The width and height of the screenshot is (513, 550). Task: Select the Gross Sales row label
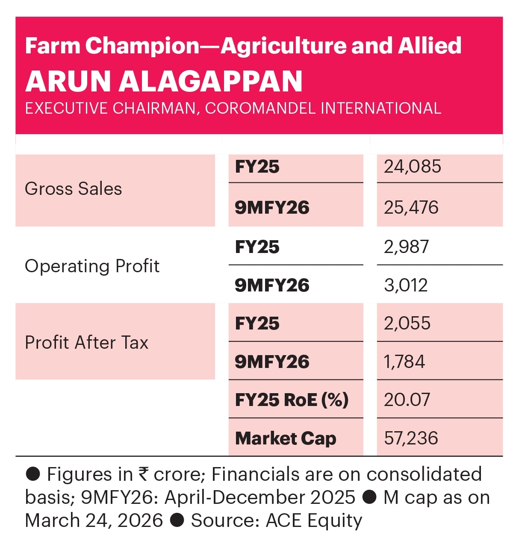click(x=73, y=189)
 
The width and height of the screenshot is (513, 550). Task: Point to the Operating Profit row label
click(x=92, y=266)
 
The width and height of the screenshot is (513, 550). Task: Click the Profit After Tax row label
click(x=86, y=342)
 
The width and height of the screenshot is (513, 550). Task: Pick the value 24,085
click(x=412, y=167)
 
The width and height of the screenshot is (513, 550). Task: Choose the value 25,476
click(x=411, y=208)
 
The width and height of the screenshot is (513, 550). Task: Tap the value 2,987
click(x=406, y=247)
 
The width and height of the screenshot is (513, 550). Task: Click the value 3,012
click(x=406, y=285)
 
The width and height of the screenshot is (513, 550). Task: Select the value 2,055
click(x=407, y=324)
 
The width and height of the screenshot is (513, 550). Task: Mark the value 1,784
click(x=404, y=362)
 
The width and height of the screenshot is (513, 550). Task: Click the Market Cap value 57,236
click(x=411, y=438)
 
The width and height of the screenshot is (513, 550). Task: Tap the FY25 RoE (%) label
click(x=292, y=400)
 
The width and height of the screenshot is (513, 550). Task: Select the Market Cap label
click(x=286, y=438)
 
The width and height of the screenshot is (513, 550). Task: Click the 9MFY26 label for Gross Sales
click(x=272, y=208)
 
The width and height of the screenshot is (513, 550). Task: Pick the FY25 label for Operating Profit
click(x=257, y=247)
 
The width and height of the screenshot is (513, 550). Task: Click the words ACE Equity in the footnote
click(x=314, y=521)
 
